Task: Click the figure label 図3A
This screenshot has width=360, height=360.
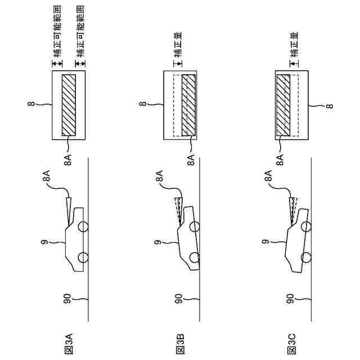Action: coord(69,343)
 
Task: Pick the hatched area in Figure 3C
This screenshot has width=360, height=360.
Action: coord(283,105)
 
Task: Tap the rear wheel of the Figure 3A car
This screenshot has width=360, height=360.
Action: coord(83,258)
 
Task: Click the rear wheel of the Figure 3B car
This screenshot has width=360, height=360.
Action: coord(195,258)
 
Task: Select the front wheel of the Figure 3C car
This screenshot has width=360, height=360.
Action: coord(307,227)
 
